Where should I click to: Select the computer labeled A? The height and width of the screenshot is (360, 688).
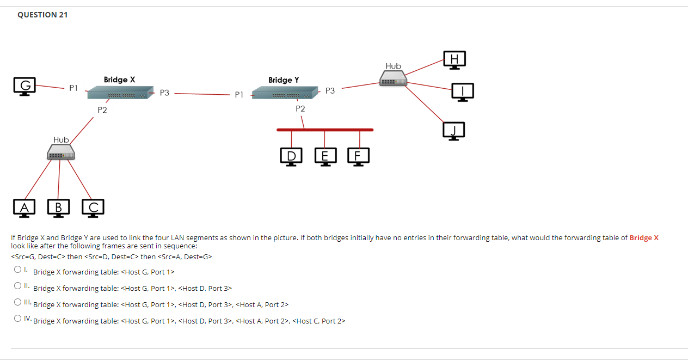pyautogui.click(x=24, y=208)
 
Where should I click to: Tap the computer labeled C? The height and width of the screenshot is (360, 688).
pyautogui.click(x=94, y=208)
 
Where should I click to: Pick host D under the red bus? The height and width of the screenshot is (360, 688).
pyautogui.click(x=292, y=156)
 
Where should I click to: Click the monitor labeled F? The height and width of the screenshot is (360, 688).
pyautogui.click(x=358, y=156)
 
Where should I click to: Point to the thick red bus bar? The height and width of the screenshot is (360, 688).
pyautogui.click(x=325, y=130)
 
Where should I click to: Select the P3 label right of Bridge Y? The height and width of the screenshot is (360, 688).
pyautogui.click(x=330, y=91)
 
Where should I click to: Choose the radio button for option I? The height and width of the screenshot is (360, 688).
pyautogui.click(x=18, y=270)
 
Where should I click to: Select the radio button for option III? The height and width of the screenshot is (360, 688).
pyautogui.click(x=18, y=302)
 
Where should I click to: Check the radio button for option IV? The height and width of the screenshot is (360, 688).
pyautogui.click(x=18, y=319)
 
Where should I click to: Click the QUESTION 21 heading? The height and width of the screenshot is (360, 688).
pyautogui.click(x=42, y=15)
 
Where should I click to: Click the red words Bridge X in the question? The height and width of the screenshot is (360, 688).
pyautogui.click(x=644, y=237)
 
